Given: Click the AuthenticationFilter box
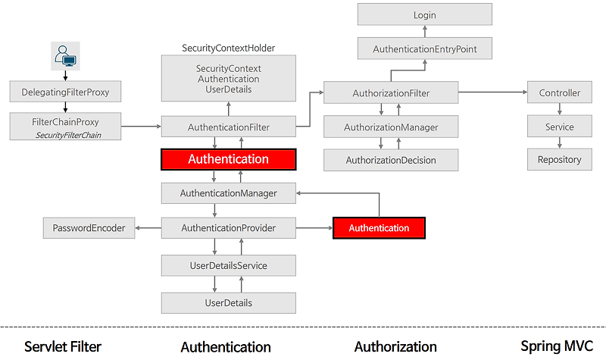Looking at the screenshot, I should pyautogui.click(x=228, y=127).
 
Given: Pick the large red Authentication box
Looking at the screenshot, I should pyautogui.click(x=228, y=159).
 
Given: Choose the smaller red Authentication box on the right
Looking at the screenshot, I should pyautogui.click(x=379, y=227).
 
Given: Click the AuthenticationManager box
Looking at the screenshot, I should pyautogui.click(x=228, y=193).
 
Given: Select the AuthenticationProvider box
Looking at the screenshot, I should pyautogui.click(x=228, y=227).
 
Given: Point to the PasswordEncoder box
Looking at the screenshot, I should pyautogui.click(x=89, y=227).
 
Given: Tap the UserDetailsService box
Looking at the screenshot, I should pyautogui.click(x=228, y=265).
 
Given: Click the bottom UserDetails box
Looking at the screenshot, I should pyautogui.click(x=228, y=302).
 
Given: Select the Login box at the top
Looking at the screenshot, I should pyautogui.click(x=425, y=15).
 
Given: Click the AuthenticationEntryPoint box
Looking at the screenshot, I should pyautogui.click(x=425, y=49).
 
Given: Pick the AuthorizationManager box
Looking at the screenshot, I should pyautogui.click(x=391, y=127).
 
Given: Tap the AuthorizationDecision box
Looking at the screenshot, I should pyautogui.click(x=391, y=160).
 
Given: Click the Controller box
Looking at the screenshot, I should pyautogui.click(x=560, y=93).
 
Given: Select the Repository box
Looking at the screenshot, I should pyautogui.click(x=560, y=159).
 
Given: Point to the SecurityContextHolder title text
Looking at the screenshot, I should pyautogui.click(x=228, y=48).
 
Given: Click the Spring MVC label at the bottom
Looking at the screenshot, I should pyautogui.click(x=557, y=346).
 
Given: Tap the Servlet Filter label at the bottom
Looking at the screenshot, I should pyautogui.click(x=63, y=346).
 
